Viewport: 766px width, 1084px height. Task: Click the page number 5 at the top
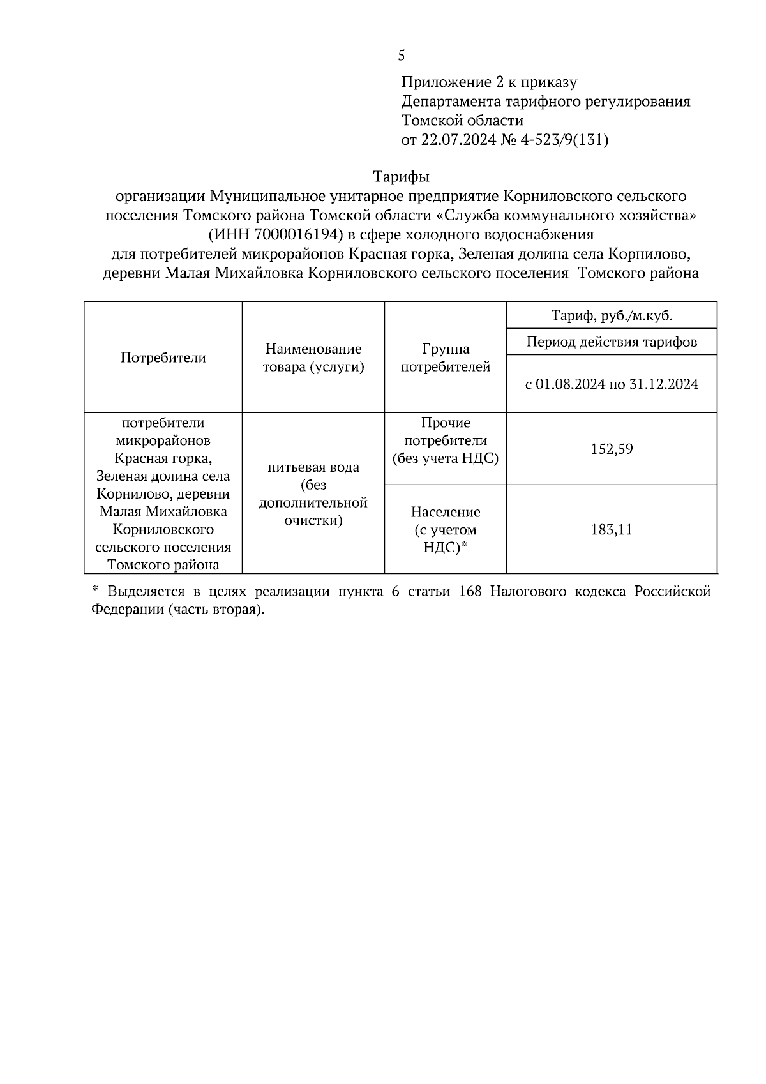click(401, 56)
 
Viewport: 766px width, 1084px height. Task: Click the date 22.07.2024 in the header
click(458, 140)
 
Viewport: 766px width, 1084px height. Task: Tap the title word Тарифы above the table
click(401, 176)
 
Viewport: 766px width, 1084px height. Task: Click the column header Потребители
click(163, 358)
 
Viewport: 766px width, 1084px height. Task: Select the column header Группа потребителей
click(445, 358)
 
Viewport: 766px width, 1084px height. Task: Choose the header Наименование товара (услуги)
click(313, 358)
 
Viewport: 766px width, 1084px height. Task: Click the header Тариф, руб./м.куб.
click(611, 315)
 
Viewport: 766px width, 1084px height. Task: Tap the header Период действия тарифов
click(611, 342)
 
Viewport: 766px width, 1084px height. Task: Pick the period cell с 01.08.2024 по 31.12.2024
click(611, 384)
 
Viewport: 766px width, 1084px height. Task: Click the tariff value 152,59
click(611, 449)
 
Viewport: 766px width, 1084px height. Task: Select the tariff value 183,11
click(611, 529)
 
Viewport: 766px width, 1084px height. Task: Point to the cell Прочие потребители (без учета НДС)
click(445, 440)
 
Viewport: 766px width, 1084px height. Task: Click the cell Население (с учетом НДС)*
click(445, 529)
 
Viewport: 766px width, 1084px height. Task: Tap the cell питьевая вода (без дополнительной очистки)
click(313, 493)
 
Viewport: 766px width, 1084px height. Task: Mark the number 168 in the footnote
click(470, 591)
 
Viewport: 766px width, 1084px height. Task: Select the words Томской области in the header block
click(462, 121)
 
